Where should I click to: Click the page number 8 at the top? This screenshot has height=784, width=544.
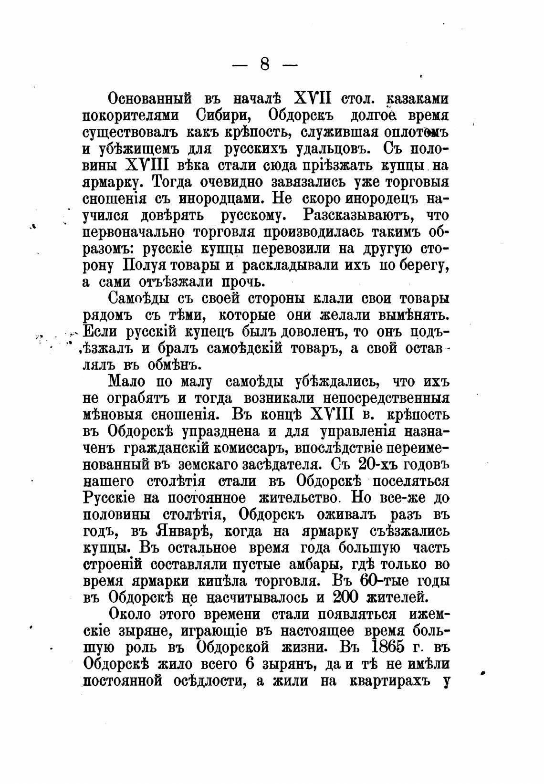click(x=265, y=64)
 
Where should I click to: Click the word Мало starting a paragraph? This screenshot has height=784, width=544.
click(x=128, y=382)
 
